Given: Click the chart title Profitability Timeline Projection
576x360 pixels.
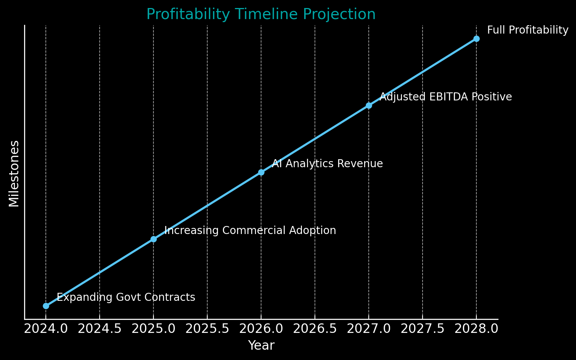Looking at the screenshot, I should click(261, 15).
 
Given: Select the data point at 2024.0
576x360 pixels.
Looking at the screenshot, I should click(46, 306).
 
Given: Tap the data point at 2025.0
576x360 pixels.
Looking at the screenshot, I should click(153, 239).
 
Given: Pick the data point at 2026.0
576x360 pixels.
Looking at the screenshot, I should click(261, 172).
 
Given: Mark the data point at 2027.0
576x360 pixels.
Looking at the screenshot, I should click(369, 105).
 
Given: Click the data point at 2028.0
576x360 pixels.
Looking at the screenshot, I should click(476, 39).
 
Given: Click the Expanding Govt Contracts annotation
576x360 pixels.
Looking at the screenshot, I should click(126, 297).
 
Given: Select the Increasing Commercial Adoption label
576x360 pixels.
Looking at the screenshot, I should click(250, 231).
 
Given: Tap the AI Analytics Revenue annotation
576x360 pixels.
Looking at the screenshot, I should click(327, 164).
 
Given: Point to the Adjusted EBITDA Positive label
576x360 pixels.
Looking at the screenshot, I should click(445, 97).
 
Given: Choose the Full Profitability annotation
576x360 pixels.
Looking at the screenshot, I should click(528, 30).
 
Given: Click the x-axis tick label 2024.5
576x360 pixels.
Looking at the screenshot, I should click(100, 329).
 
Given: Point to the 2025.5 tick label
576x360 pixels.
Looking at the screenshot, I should click(207, 329).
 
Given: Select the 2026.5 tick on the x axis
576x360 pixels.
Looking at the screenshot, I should click(315, 329).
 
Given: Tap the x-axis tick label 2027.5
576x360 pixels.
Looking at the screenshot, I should click(423, 329).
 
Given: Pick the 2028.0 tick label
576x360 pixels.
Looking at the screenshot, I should click(476, 329).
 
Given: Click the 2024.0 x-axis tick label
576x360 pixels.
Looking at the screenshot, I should click(46, 329).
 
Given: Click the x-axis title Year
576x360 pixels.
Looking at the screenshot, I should click(261, 345).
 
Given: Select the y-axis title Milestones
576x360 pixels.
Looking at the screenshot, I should click(14, 173).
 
